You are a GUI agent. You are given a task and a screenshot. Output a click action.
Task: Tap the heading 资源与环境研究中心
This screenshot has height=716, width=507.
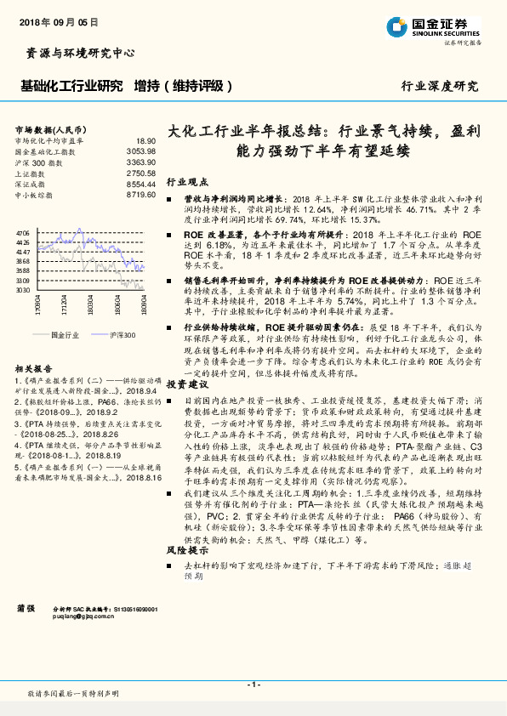tap(76, 54)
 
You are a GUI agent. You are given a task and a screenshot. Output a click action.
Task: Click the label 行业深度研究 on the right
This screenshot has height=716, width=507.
tap(439, 87)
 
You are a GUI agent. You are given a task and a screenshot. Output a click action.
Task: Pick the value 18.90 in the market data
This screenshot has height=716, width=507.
tap(145, 140)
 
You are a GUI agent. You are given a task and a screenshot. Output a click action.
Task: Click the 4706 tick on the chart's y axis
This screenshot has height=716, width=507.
tap(23, 232)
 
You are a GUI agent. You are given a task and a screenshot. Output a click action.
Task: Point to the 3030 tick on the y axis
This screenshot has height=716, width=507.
tap(23, 290)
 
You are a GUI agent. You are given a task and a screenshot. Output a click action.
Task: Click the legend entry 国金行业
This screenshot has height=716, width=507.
tap(66, 334)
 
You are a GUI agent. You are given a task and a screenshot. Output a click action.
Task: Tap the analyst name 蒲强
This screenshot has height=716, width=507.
tap(26, 608)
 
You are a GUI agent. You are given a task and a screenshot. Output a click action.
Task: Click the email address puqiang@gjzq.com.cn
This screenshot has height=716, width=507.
tap(82, 617)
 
